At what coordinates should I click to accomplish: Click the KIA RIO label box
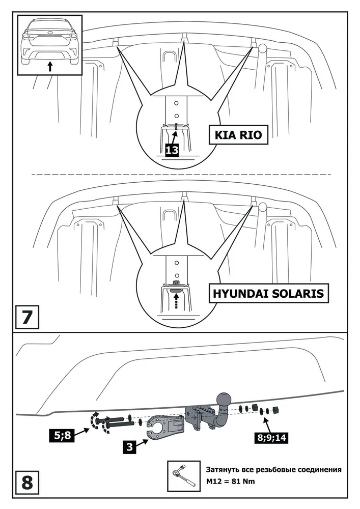pos(238,135)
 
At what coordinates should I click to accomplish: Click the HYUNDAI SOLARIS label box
pos(268,294)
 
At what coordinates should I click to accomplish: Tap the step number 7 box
pos(27,317)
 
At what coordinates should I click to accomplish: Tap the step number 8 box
pos(27,483)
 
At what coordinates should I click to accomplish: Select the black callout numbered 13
pos(172,150)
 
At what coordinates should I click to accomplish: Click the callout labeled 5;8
pos(62,435)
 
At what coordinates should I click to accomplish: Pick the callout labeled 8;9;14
pos(272,438)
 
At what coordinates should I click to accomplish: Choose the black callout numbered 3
pos(129,447)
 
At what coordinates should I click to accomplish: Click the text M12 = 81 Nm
pos(230,481)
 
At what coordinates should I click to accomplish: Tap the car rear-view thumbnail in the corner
pos(50,45)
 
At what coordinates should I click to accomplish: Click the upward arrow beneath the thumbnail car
pos(50,66)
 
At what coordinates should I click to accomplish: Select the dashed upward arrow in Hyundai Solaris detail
pos(176,301)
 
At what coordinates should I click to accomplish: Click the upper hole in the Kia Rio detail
pos(176,103)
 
